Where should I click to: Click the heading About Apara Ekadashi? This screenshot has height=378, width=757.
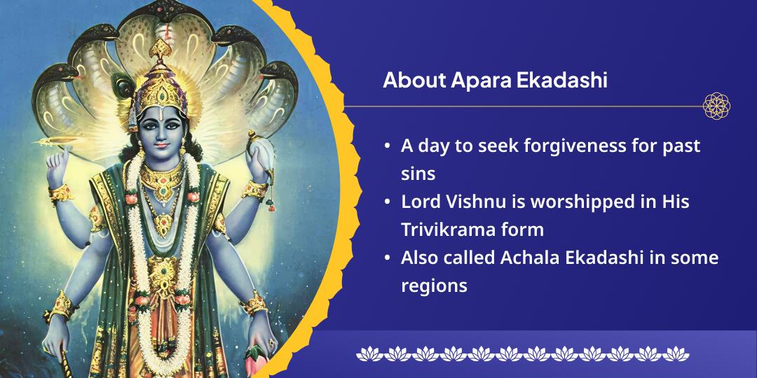coord(495,80)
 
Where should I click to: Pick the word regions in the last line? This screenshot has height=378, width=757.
coord(434,285)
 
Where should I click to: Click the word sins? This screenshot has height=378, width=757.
coord(416,174)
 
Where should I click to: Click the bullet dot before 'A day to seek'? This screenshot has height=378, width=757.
coord(388,147)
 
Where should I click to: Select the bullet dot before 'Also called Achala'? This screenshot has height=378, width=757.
coord(388,258)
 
